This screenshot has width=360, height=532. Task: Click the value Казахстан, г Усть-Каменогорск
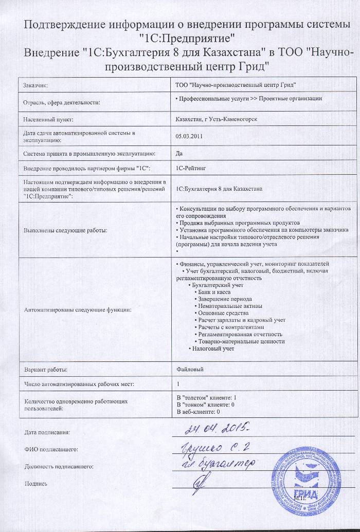coord(217,120)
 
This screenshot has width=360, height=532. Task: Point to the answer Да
coord(179,153)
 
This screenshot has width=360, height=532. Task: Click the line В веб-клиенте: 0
coord(199,412)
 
